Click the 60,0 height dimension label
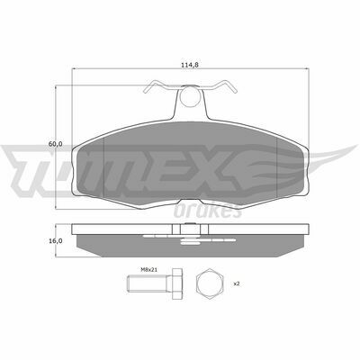55,144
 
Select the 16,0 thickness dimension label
55,240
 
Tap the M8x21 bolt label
149,270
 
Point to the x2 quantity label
237,283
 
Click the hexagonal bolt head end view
209,283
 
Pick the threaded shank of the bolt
147,283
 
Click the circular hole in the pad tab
191,96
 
